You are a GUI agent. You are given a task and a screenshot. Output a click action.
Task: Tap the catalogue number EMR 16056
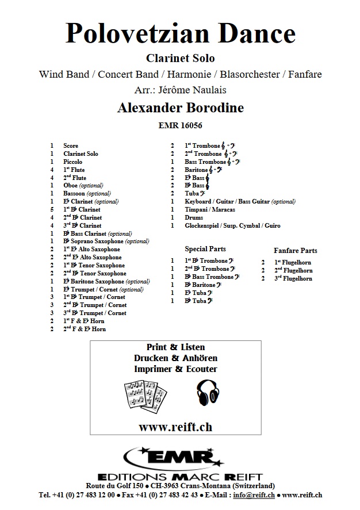180,125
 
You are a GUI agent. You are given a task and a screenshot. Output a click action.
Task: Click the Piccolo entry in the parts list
73,162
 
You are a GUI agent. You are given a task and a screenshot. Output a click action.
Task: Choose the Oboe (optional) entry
83,186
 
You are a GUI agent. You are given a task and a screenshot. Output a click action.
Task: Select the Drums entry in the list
194,218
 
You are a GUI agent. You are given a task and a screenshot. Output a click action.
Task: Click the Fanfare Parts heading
296,251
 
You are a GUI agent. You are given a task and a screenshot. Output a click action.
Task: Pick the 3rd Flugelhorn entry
293,278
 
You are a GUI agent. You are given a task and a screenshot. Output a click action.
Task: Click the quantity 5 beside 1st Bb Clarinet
52,210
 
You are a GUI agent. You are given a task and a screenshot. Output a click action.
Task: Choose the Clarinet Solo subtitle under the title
180,58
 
